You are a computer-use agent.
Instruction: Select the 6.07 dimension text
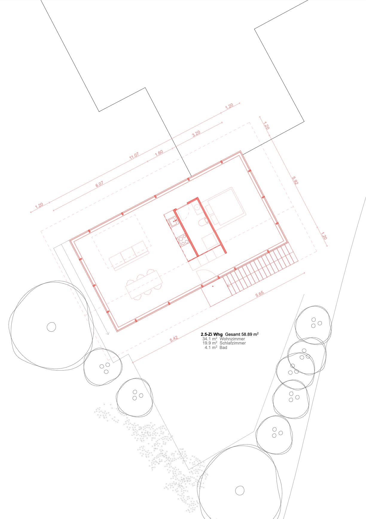click(x=99, y=184)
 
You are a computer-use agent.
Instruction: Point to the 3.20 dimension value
click(x=196, y=133)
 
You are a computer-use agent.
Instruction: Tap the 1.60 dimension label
click(x=159, y=152)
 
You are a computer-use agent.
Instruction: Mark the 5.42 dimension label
click(x=174, y=339)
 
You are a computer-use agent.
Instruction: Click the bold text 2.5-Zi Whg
click(x=212, y=334)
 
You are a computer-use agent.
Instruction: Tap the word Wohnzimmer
click(x=232, y=339)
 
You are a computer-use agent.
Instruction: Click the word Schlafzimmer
click(x=233, y=343)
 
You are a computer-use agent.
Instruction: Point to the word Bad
click(x=223, y=347)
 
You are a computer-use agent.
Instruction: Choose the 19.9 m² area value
click(x=210, y=343)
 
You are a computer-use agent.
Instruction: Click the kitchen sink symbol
click(x=173, y=221)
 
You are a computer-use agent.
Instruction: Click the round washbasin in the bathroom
click(x=198, y=207)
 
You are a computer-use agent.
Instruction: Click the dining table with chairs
click(x=144, y=285)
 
